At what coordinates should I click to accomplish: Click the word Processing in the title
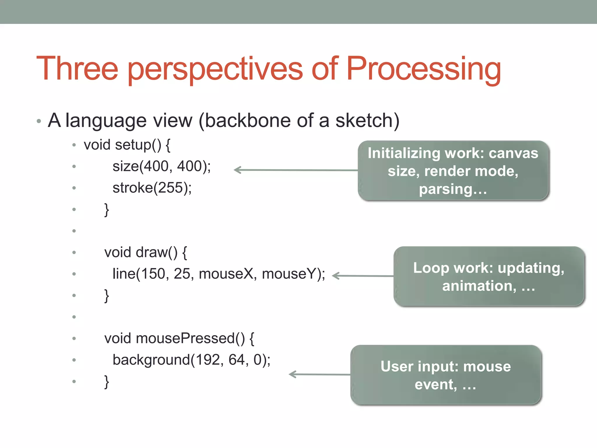423,69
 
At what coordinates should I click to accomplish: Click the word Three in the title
77,69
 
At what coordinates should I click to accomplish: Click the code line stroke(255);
152,188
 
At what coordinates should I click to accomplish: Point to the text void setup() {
127,145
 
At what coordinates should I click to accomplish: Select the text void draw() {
145,252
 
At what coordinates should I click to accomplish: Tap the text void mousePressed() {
179,338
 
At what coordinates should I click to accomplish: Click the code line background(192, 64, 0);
191,360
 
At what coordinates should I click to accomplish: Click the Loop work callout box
489,276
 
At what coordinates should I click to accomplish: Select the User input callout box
445,375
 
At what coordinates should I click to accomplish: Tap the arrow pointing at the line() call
363,276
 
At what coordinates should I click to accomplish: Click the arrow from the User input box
319,374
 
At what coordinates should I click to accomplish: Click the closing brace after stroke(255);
107,209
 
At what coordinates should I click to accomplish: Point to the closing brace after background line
107,381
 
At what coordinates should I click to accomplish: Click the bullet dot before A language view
39,121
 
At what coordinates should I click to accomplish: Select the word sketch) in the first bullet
367,120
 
